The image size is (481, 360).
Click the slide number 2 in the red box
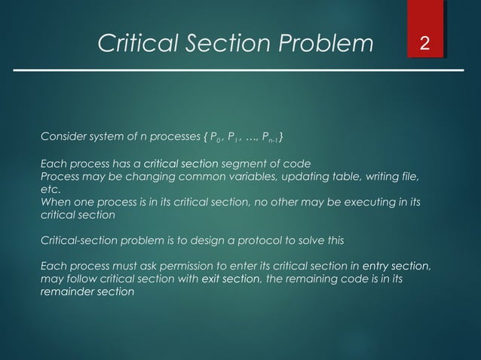pos(425,44)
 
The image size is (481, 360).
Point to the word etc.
pos(50,189)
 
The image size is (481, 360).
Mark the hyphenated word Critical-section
pos(78,240)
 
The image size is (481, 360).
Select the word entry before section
pos(376,266)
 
